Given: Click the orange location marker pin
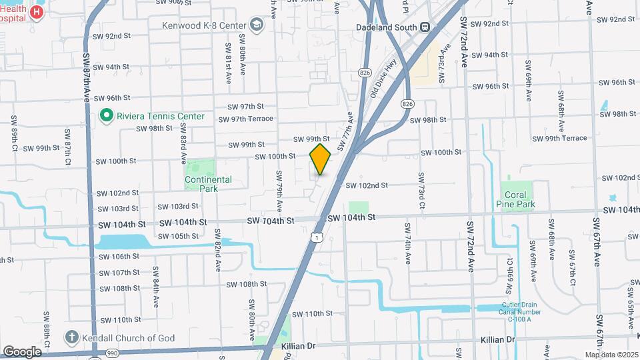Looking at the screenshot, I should (321, 159).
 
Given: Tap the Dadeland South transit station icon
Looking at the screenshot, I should (424, 27).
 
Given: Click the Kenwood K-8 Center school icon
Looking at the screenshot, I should (257, 25).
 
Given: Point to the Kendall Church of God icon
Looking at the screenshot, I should (72, 337).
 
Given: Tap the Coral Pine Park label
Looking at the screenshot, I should (515, 200).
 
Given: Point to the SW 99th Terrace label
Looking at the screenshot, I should (560, 138).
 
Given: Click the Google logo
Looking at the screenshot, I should (22, 351).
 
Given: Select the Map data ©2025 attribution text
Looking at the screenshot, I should (611, 355).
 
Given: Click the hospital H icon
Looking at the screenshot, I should (37, 12).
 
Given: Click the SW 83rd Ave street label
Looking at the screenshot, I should (183, 147).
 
